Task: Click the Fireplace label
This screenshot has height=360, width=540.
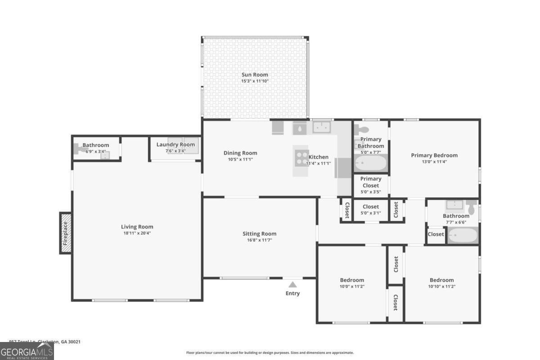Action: (x=66, y=233)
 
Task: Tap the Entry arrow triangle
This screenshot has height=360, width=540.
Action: (x=292, y=284)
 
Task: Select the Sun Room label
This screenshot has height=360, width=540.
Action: (x=255, y=75)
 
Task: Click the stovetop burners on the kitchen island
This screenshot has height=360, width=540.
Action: (x=302, y=157)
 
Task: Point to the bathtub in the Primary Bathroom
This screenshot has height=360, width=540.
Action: (x=370, y=163)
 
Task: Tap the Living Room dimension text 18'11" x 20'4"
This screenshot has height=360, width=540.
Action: (x=137, y=233)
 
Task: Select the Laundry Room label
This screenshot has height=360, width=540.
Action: (x=175, y=144)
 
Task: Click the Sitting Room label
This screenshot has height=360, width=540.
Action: (x=259, y=234)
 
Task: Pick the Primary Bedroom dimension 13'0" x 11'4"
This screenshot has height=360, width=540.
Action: (x=434, y=162)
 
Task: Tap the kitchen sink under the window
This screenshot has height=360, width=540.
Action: (x=322, y=128)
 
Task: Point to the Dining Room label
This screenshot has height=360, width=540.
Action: (x=240, y=153)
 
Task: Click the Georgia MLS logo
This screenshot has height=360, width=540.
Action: (x=27, y=351)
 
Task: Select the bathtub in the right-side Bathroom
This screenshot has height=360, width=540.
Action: (x=463, y=235)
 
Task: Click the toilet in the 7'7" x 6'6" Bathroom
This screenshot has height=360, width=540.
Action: (x=472, y=207)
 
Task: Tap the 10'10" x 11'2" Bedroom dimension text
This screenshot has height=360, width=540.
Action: (x=441, y=286)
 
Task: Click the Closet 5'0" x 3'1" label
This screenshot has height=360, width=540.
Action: (x=371, y=207)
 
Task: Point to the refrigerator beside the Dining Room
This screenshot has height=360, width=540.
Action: (x=278, y=127)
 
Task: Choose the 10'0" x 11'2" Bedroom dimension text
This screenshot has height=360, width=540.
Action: (x=352, y=286)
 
